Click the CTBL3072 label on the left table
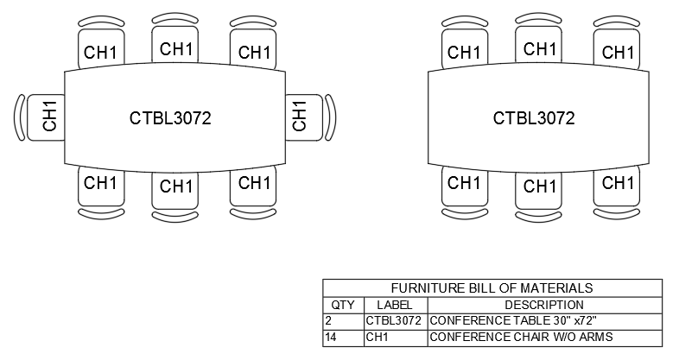(170, 118)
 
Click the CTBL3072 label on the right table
(534, 118)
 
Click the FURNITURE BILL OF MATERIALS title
(492, 288)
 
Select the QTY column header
(343, 305)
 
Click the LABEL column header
(395, 305)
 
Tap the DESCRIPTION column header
(544, 305)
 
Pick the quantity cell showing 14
(331, 337)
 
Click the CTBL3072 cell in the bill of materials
(393, 320)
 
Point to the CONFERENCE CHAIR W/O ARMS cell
(521, 337)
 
